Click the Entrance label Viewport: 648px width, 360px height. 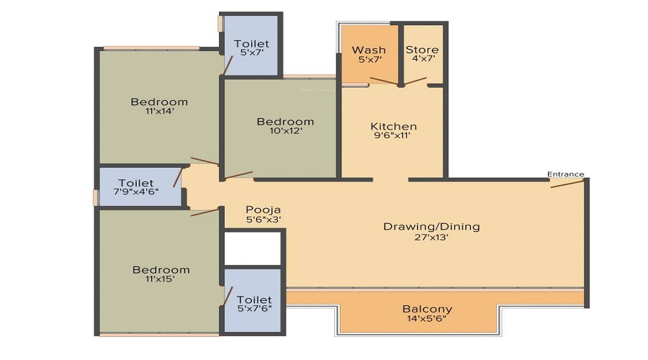[565, 174]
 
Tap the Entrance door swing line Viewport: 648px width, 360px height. [567, 183]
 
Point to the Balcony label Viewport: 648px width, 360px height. [427, 309]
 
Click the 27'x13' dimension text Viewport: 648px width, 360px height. [431, 237]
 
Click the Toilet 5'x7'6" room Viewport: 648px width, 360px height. [253, 303]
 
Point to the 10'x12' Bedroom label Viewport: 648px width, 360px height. [285, 126]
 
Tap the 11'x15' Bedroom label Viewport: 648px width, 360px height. [161, 274]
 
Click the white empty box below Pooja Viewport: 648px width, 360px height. [252, 248]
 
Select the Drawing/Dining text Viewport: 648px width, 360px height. [431, 226]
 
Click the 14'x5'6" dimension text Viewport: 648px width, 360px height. [427, 319]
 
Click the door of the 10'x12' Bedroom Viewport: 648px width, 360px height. [238, 175]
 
